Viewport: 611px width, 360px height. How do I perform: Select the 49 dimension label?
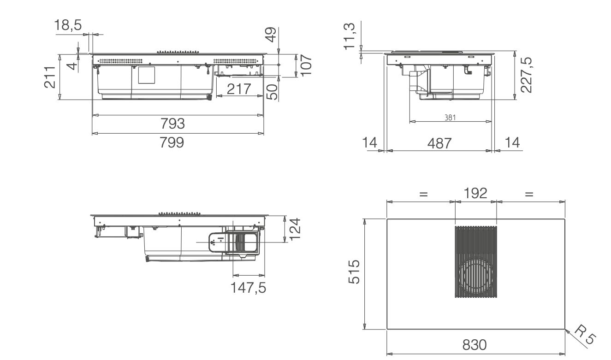click(271, 34)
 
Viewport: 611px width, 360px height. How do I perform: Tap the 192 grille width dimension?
click(475, 193)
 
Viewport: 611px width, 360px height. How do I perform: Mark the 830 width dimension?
click(475, 345)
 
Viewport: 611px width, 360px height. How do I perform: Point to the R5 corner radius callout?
click(584, 335)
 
